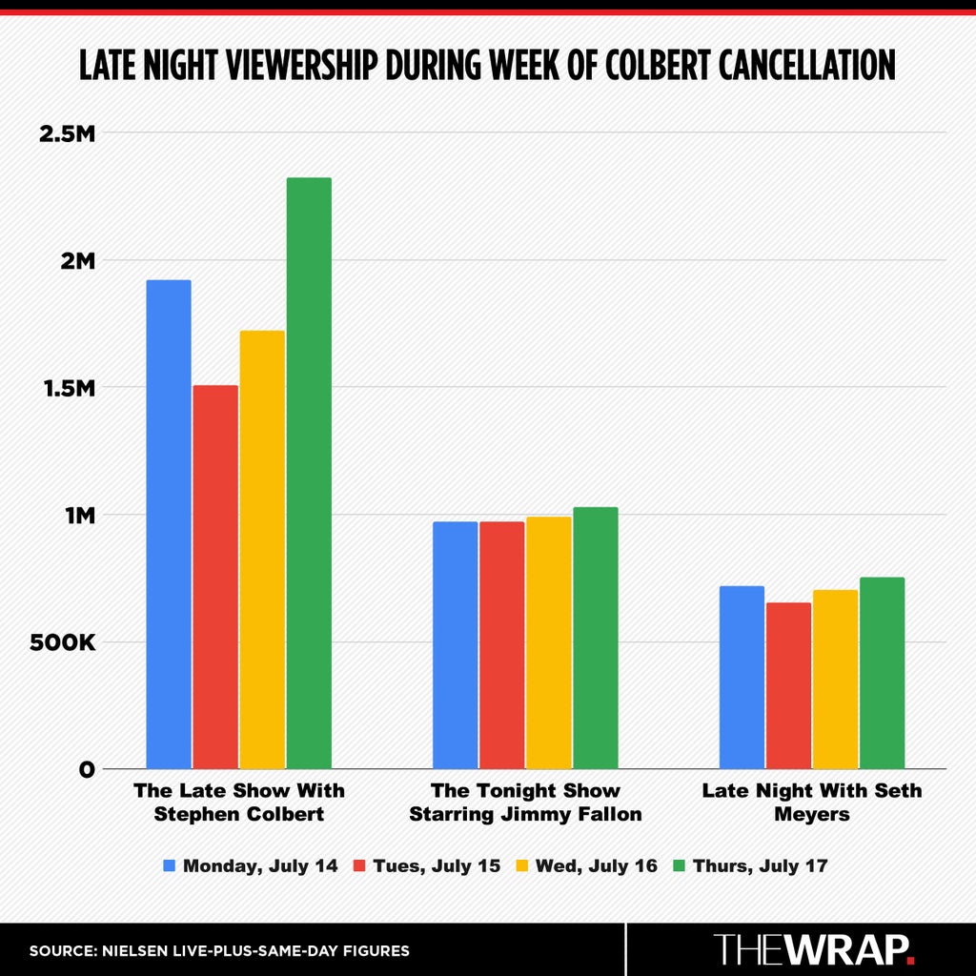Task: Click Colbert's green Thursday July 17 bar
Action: (x=309, y=473)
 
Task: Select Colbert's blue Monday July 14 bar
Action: (x=169, y=524)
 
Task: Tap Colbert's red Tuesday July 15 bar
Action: (x=215, y=577)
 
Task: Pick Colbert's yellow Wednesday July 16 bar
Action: (x=262, y=550)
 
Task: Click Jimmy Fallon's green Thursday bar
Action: (x=596, y=638)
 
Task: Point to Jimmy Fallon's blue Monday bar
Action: (x=455, y=645)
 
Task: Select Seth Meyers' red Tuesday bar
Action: (x=788, y=685)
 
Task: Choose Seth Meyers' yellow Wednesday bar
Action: (x=835, y=679)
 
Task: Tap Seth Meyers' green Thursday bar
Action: (x=882, y=673)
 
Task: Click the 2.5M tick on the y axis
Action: (x=68, y=133)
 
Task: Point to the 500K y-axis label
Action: (x=63, y=642)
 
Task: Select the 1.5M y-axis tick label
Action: (x=69, y=389)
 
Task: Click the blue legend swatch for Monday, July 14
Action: (x=170, y=865)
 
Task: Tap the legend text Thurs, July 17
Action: (x=760, y=865)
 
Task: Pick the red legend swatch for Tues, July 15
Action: (x=359, y=865)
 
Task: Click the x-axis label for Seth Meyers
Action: (x=812, y=802)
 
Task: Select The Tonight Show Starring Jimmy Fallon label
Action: (x=525, y=802)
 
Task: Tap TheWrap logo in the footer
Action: (x=814, y=948)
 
